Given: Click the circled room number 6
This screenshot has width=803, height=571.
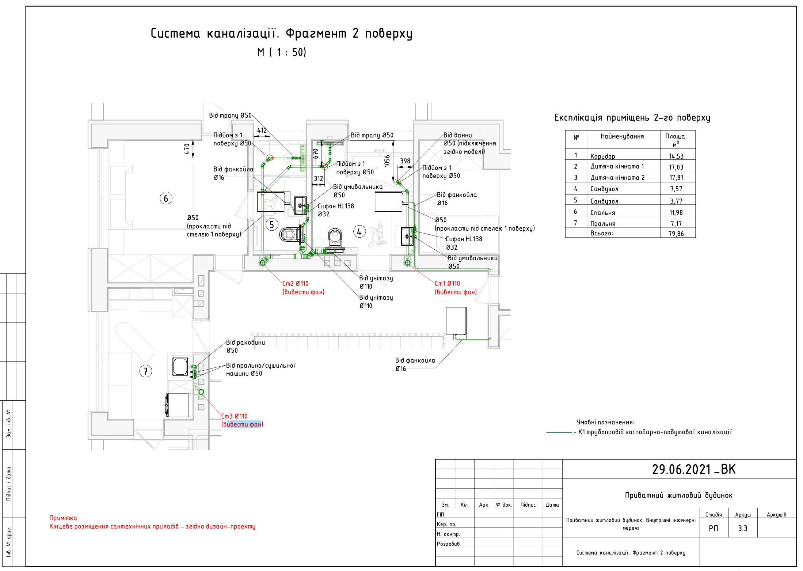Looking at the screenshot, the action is click(x=166, y=198).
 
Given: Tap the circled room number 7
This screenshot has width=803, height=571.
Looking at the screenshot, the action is click(x=146, y=371).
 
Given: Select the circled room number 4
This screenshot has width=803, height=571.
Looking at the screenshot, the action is click(x=359, y=231).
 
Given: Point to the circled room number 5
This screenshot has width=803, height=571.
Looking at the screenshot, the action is click(x=271, y=224).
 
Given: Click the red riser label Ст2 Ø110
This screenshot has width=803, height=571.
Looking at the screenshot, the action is click(x=295, y=284).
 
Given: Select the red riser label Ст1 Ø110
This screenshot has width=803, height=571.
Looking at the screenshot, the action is click(x=447, y=284).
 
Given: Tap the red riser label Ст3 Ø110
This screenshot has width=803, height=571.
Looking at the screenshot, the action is click(x=234, y=416).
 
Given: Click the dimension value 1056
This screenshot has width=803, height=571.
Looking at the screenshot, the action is click(x=387, y=161).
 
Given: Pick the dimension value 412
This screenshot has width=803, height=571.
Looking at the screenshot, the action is click(x=262, y=131).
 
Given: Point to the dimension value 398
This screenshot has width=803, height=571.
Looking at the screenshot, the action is click(x=405, y=161).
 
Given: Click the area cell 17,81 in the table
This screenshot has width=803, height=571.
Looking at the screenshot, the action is click(x=676, y=178).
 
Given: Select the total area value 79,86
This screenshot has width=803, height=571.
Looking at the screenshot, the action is click(x=676, y=234).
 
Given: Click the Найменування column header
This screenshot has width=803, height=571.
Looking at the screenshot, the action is click(x=622, y=136).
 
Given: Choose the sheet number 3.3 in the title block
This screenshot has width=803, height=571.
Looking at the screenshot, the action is click(x=743, y=528).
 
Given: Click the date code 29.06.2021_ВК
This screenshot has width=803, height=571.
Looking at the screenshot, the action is click(x=694, y=469).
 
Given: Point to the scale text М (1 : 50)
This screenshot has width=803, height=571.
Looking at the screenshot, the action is click(x=282, y=52).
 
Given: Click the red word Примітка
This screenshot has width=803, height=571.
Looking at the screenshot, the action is click(x=63, y=518).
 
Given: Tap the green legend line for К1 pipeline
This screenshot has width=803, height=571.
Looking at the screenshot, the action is click(x=559, y=432).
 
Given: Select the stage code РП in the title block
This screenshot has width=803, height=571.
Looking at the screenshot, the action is click(x=713, y=528).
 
